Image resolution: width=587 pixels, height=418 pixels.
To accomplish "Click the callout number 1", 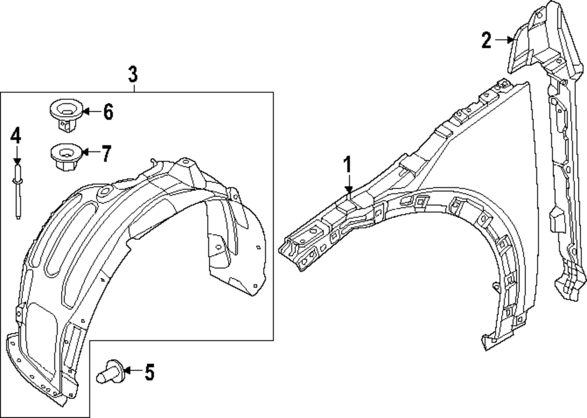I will pos(348,165).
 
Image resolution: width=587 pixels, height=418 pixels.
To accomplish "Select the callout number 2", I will pos(486,40).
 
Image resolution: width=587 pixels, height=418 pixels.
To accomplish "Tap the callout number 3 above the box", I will pos(133,75).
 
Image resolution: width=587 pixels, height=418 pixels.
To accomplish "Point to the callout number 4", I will pos(16,136).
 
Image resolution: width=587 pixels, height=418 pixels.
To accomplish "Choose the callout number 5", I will pos(149,372).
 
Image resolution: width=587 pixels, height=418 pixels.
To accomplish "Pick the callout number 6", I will pos(107,111).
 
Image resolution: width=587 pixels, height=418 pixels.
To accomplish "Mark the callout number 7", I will pos(106,153).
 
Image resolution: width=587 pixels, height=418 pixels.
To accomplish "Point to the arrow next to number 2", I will pos(504,40).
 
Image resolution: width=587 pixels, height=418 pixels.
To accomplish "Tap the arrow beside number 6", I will pos(89,111).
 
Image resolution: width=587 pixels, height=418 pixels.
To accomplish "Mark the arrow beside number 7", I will pos(89,153).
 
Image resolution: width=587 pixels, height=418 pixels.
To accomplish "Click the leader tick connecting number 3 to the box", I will pos(134,88).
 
